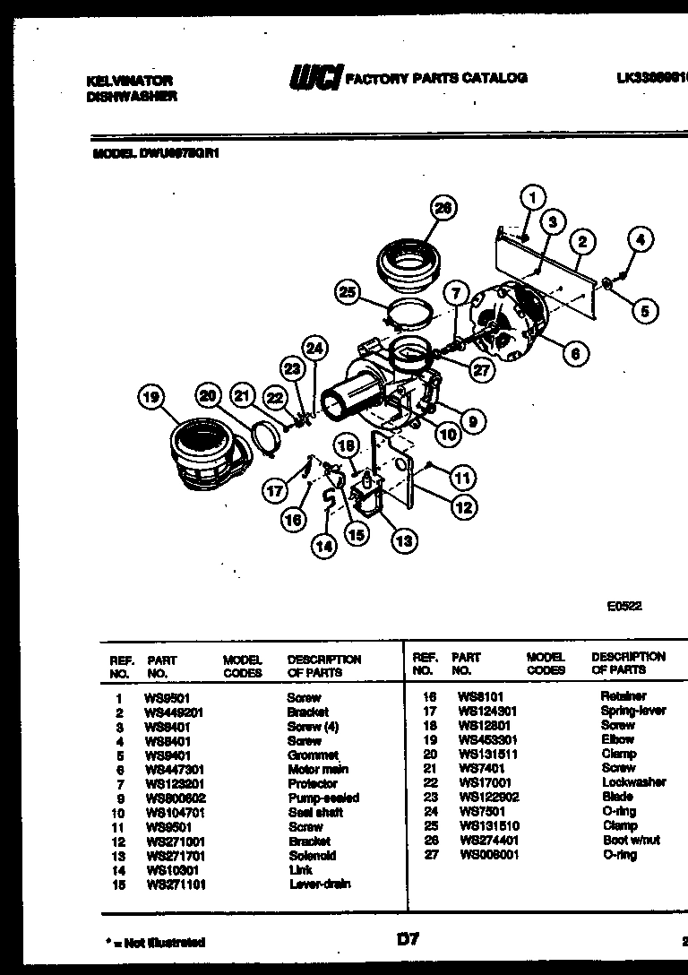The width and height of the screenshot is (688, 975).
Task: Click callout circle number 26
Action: pos(440,209)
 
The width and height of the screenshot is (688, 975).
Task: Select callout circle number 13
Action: pos(404,539)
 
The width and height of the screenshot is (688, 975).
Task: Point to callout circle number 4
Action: pos(640,239)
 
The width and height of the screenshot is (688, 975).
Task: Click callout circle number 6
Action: pos(576,353)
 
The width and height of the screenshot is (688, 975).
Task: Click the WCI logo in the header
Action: pos(314,78)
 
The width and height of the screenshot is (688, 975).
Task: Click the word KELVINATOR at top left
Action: pos(130,80)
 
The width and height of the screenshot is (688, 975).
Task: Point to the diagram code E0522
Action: pos(623,606)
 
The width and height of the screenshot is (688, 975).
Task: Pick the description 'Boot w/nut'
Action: pos(631,841)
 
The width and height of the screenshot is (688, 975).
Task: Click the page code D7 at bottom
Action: pos(408,939)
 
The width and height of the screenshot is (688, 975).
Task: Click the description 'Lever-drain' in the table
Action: pos(320,884)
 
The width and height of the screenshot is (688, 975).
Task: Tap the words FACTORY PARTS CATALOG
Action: pos(436,78)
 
